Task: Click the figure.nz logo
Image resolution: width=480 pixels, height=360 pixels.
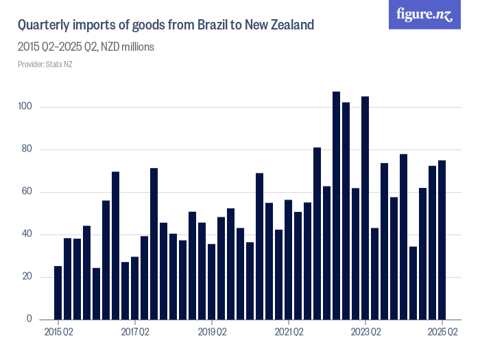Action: tap(424, 15)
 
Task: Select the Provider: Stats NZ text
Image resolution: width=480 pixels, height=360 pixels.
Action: tap(45, 64)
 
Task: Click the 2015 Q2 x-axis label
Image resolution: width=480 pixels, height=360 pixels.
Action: tap(58, 333)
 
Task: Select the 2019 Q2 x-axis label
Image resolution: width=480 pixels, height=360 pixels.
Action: tap(212, 333)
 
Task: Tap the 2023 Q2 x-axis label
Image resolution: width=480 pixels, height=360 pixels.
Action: tap(365, 333)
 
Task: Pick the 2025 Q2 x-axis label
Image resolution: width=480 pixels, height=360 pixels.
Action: tap(442, 333)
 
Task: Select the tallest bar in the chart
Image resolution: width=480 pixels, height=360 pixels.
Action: tap(337, 206)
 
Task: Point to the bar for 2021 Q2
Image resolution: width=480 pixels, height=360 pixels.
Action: tap(289, 260)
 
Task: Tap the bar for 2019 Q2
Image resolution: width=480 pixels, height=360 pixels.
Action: tap(212, 282)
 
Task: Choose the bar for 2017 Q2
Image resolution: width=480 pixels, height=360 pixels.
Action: tap(135, 288)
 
